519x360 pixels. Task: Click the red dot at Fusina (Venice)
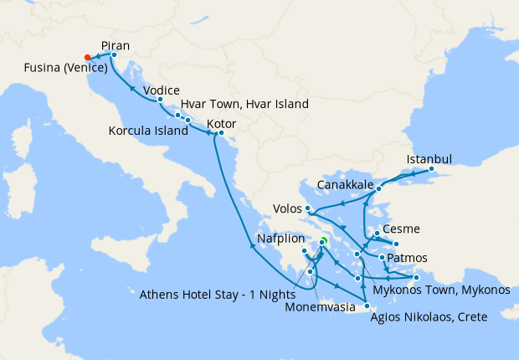click(x=88, y=57)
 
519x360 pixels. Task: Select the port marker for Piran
click(x=114, y=54)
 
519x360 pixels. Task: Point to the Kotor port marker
click(x=221, y=133)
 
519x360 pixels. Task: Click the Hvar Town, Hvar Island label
click(x=244, y=105)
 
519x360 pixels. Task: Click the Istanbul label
click(x=429, y=159)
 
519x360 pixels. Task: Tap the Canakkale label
click(x=345, y=184)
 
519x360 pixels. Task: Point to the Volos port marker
click(x=308, y=208)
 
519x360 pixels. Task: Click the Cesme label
click(x=400, y=229)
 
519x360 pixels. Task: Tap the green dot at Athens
click(x=323, y=242)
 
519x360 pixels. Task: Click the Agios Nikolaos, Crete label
click(x=429, y=316)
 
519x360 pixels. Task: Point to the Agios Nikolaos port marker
click(x=367, y=306)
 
